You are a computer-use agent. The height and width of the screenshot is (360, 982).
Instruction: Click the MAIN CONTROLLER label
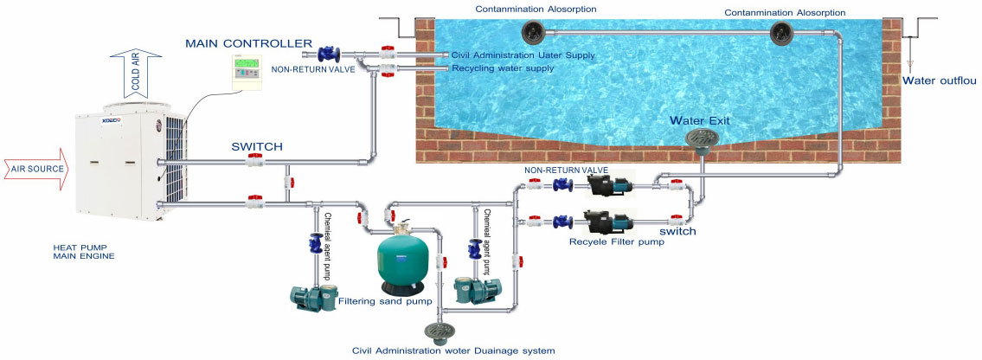click(x=248, y=42)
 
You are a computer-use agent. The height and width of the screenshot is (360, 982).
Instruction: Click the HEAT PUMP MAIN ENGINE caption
click(x=83, y=251)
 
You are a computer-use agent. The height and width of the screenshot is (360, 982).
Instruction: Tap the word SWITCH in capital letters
click(x=257, y=147)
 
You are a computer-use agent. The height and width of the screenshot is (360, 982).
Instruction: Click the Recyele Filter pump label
click(x=617, y=241)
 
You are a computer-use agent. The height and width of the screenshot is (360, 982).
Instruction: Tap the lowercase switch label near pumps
click(x=677, y=231)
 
